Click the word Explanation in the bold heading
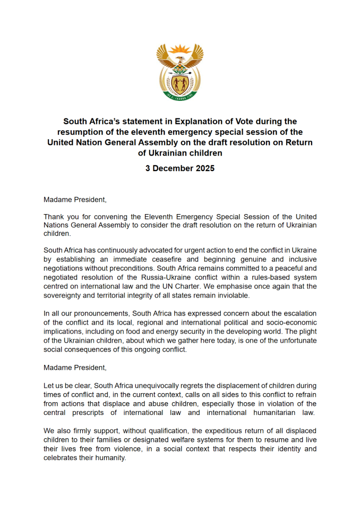(x=204, y=121)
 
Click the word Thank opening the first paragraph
(x=54, y=217)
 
